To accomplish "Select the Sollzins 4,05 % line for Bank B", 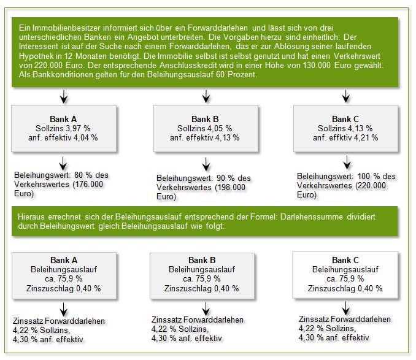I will click(204, 128).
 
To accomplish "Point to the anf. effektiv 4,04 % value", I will click(63, 137).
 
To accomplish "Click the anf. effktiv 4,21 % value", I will click(345, 137).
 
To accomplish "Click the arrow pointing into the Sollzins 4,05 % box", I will click(205, 96).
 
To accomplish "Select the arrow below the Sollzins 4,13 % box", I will click(347, 162).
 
